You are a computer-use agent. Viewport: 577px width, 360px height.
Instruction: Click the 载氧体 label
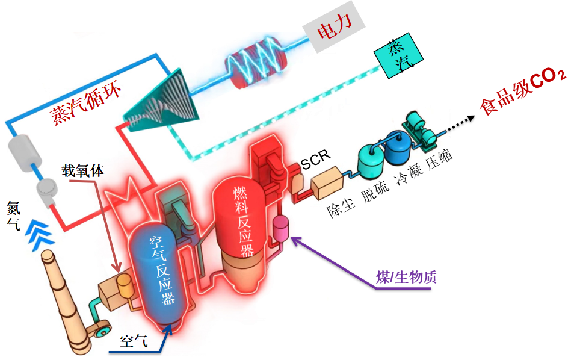coord(82,170)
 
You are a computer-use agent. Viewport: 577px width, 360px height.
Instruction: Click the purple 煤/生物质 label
coord(406,277)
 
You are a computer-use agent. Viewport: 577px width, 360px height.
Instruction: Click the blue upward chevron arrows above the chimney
coord(40,232)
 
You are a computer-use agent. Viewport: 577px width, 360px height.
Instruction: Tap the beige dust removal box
coord(326,180)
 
